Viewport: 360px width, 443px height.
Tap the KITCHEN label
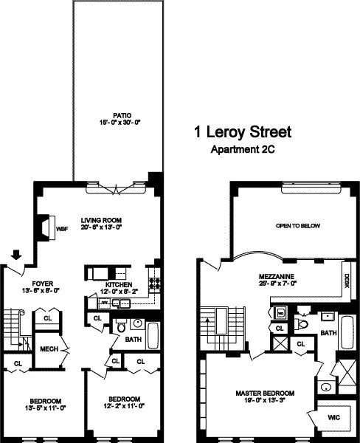point(119,284)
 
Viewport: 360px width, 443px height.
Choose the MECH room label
point(49,349)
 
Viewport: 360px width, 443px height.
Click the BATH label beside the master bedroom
point(328,334)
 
